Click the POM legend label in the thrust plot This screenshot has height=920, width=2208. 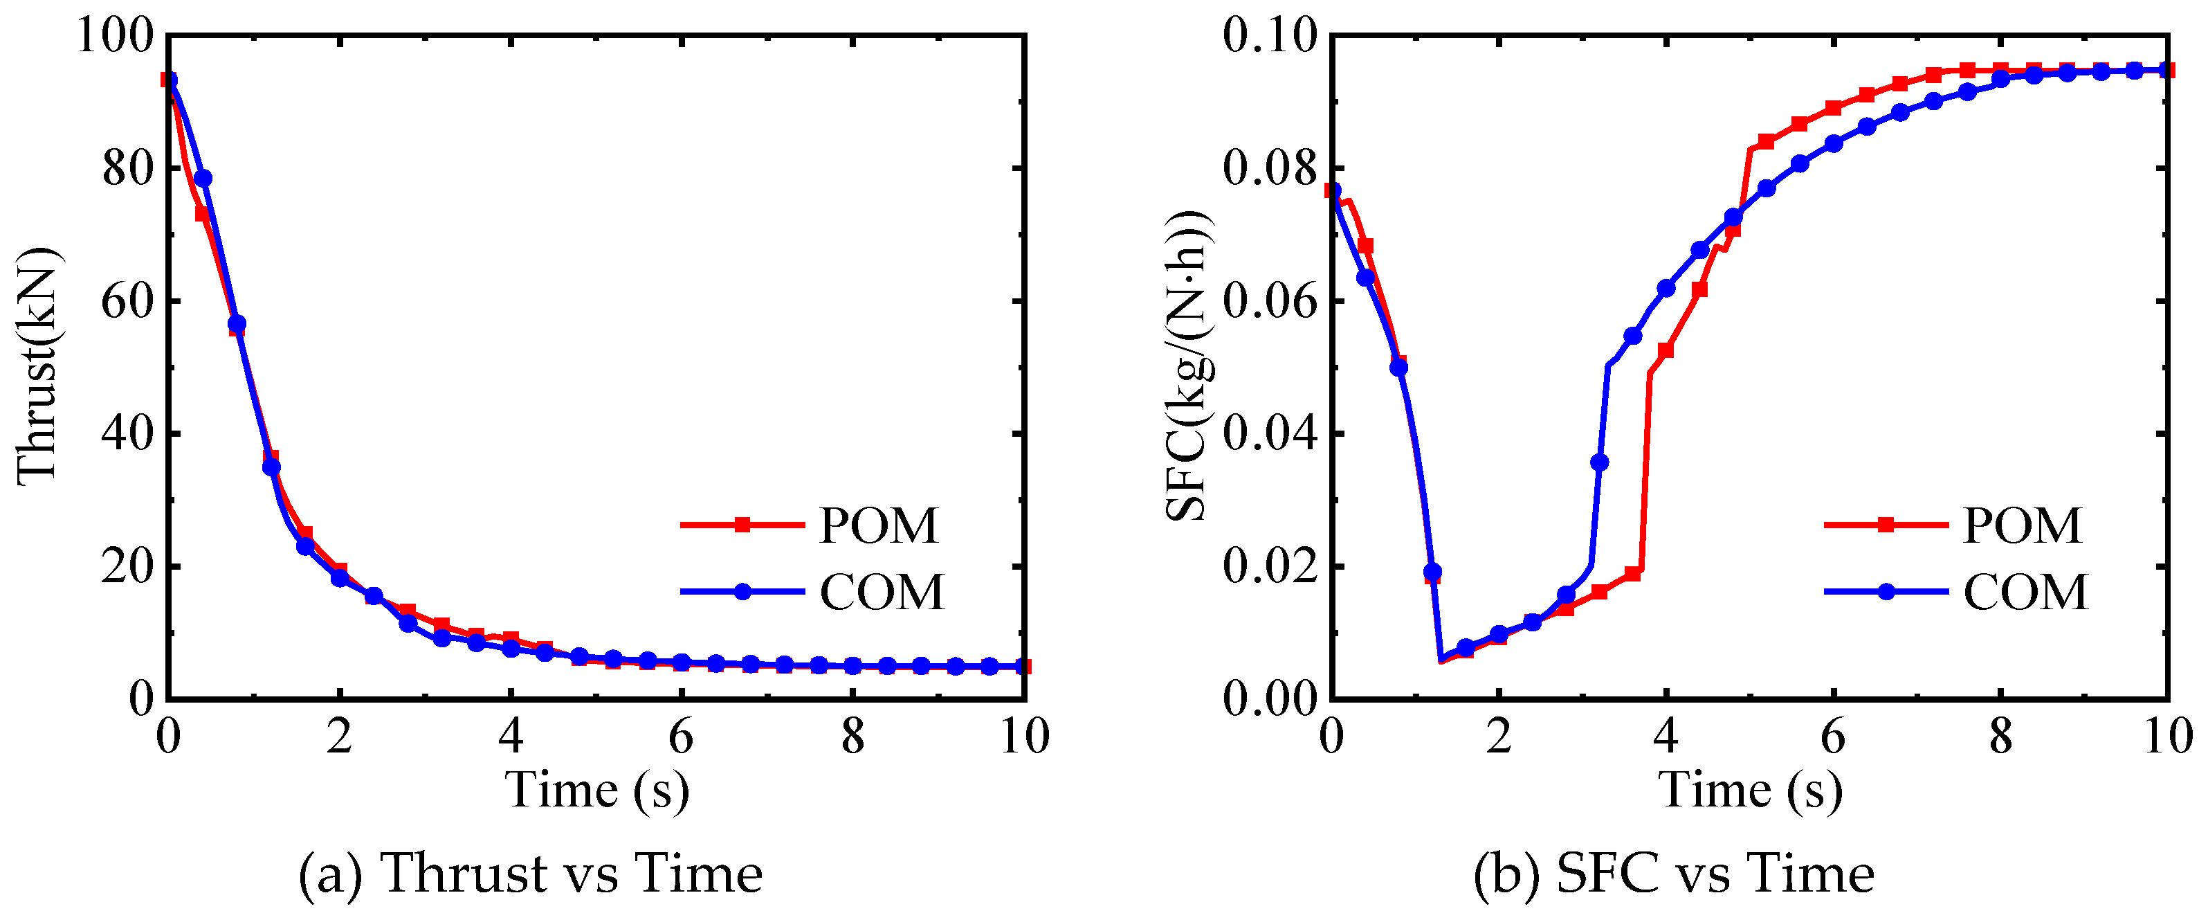879,525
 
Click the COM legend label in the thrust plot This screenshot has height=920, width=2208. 881,593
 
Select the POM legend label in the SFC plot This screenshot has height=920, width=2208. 2022,525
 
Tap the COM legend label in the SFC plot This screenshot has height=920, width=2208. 2025,593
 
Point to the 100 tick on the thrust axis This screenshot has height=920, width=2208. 115,36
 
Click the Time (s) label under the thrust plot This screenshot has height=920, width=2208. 597,790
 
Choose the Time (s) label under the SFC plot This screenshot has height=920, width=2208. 1751,790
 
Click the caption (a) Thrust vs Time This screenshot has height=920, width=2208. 531,874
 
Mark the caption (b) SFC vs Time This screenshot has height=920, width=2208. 1674,874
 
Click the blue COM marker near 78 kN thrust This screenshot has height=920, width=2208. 203,179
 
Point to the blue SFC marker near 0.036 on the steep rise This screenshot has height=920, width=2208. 1599,463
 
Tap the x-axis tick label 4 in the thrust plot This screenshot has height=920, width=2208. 511,737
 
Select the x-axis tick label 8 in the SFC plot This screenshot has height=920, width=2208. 2000,737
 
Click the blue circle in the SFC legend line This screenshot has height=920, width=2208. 1886,592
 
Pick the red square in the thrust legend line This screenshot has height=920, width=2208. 743,525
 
